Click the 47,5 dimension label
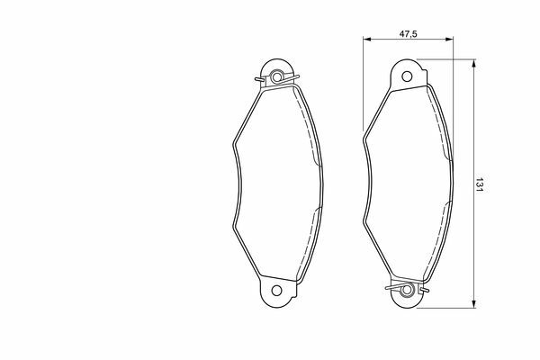click(x=408, y=34)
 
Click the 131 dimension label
click(x=480, y=185)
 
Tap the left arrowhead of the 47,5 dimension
click(x=366, y=40)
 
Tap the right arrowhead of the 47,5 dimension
click(x=449, y=40)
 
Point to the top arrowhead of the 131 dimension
click(x=474, y=63)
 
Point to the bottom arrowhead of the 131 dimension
click(x=474, y=304)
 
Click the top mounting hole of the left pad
click(x=276, y=76)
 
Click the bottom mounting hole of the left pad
click(x=276, y=291)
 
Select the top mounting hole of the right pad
click(x=407, y=76)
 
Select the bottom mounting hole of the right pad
click(x=407, y=290)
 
